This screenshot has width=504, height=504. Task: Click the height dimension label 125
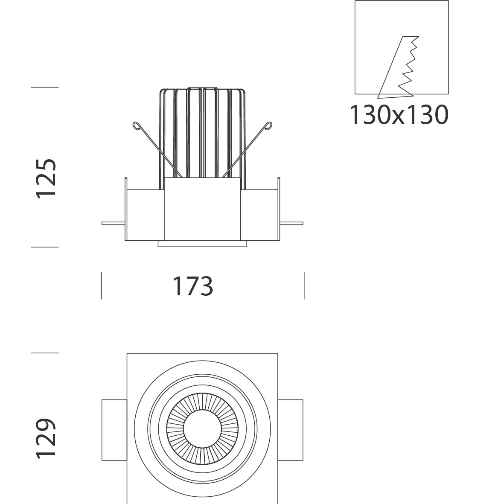point(47,179)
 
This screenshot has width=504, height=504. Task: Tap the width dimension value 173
point(193,286)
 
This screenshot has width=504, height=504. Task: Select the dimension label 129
point(47,438)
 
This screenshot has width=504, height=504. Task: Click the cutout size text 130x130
point(399,115)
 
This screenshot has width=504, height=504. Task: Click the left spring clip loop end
point(137,125)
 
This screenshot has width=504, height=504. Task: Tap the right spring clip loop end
point(268,125)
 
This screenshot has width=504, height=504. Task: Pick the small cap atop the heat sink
point(202,87)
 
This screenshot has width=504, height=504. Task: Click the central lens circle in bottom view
point(202,428)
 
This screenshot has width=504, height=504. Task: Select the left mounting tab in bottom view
point(114,430)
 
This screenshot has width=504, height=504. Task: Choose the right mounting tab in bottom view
point(291,430)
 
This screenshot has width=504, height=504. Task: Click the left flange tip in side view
point(103,223)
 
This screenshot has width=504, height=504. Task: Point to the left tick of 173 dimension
point(102,286)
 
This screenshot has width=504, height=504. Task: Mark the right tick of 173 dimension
point(305,286)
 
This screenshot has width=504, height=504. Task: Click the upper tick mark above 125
point(45,87)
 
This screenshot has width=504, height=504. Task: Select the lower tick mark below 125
point(45,247)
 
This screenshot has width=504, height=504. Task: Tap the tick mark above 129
point(45,353)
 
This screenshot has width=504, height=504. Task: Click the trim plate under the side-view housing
point(202,244)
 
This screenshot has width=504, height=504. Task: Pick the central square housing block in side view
point(202,209)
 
